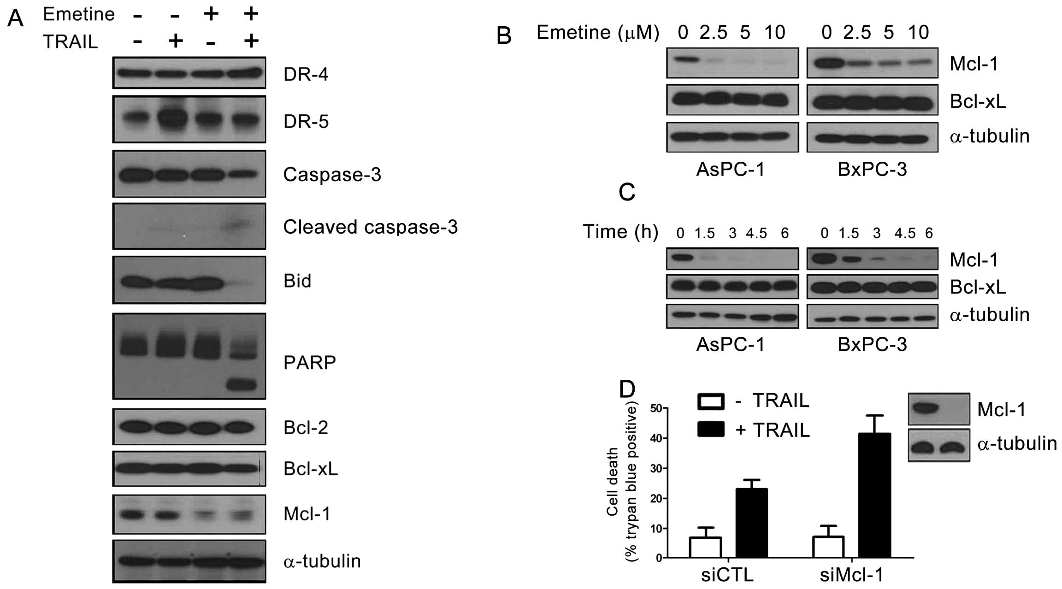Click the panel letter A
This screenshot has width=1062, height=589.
(16, 19)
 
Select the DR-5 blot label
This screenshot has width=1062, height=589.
(306, 122)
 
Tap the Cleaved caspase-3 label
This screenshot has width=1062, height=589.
(370, 227)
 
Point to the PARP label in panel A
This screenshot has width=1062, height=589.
(309, 363)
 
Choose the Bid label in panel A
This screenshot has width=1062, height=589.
(297, 281)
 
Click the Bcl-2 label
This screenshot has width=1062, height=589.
(306, 428)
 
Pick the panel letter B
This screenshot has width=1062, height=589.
(504, 35)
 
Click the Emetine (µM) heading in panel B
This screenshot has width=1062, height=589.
(598, 32)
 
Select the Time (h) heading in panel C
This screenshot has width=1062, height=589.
(620, 231)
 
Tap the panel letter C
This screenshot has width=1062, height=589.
(627, 192)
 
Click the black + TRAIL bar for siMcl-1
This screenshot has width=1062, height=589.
(874, 495)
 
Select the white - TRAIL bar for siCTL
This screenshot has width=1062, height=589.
(705, 548)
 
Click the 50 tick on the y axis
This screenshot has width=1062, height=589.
(655, 408)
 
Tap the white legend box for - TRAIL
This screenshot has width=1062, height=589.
(711, 401)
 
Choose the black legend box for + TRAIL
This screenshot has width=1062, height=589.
(711, 430)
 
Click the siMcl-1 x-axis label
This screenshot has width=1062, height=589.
(851, 575)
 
